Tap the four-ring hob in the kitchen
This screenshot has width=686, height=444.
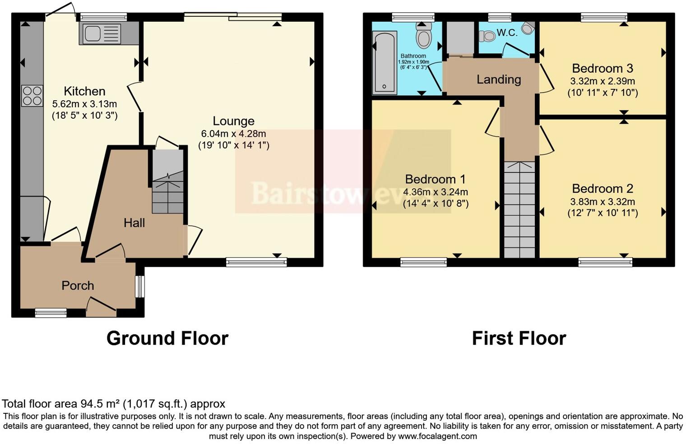pyautogui.click(x=32, y=96)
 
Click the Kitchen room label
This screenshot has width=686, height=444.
pyautogui.click(x=84, y=91)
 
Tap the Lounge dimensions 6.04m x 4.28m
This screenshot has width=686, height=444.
pyautogui.click(x=233, y=134)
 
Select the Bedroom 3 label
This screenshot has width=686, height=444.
pyautogui.click(x=602, y=69)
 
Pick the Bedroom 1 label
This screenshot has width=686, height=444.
pyautogui.click(x=435, y=179)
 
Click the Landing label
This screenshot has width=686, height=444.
pyautogui.click(x=499, y=79)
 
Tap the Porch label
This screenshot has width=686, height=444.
pyautogui.click(x=78, y=286)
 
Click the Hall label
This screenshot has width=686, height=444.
pyautogui.click(x=134, y=222)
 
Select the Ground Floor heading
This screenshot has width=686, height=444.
pyautogui.click(x=167, y=338)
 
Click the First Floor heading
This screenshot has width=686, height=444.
pyautogui.click(x=519, y=338)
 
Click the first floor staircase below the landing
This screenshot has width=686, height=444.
pyautogui.click(x=519, y=210)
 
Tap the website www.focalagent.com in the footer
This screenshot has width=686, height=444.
pyautogui.click(x=437, y=436)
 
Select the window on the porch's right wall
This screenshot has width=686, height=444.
pyautogui.click(x=140, y=287)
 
